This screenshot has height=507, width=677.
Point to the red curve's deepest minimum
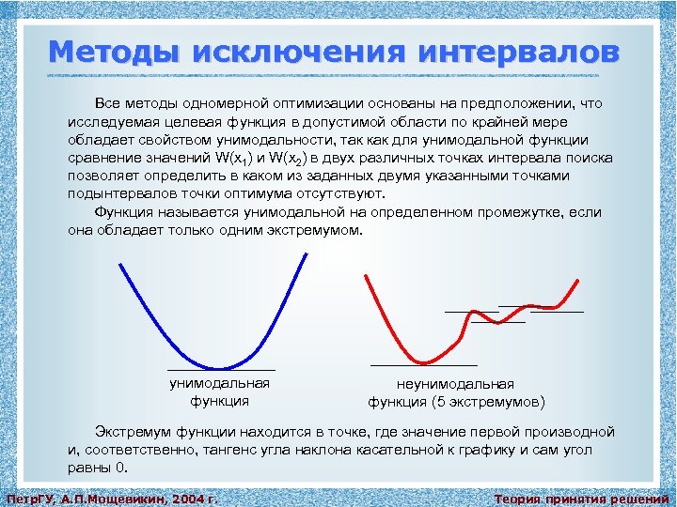click(424, 361)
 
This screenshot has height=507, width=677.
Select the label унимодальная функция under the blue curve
click(219, 392)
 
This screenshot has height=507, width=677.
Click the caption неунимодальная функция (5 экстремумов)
click(455, 393)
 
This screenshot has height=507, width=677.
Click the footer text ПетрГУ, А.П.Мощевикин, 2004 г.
click(112, 499)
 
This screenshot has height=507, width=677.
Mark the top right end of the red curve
click(576, 279)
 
